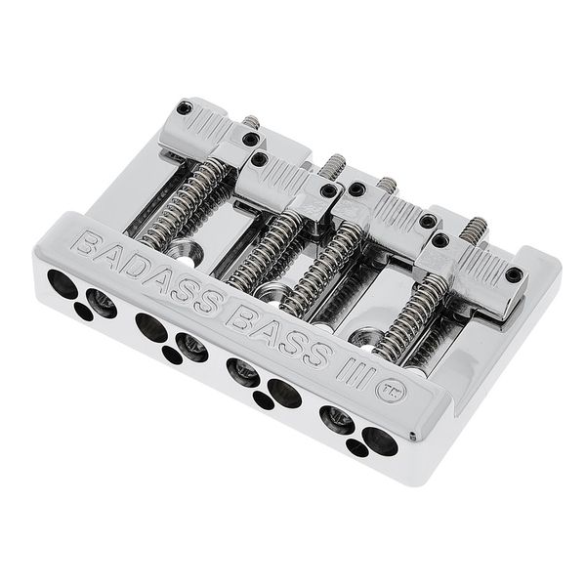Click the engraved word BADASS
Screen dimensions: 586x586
click(x=146, y=272)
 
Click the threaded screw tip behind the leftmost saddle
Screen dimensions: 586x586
click(x=251, y=122)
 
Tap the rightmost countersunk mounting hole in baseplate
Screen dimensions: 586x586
click(x=364, y=338)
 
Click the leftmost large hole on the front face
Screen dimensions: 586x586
click(x=62, y=285)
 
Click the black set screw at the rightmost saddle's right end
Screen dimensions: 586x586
click(x=513, y=274)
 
